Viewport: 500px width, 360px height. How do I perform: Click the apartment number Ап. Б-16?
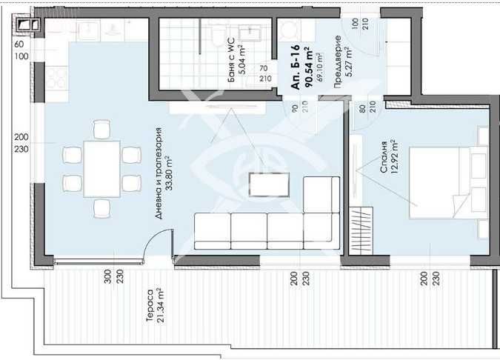coord(295,74)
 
